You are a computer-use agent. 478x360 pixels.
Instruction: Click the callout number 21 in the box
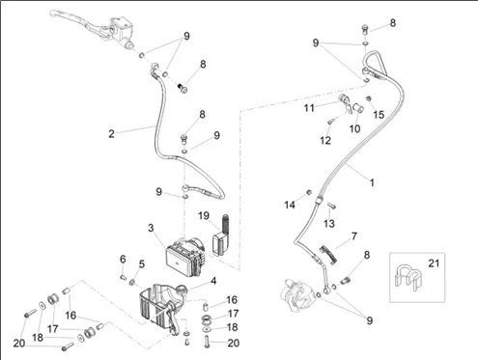click(434, 263)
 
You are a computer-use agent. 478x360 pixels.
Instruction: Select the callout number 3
click(151, 228)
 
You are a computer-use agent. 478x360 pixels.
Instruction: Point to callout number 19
click(204, 215)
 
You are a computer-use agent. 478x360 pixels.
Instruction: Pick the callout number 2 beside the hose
click(111, 133)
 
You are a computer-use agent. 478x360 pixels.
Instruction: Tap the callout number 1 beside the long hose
click(372, 182)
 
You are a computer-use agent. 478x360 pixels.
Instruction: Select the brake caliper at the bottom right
click(295, 295)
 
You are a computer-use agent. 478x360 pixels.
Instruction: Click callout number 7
click(354, 236)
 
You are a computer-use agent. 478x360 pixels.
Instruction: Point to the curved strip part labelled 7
click(328, 255)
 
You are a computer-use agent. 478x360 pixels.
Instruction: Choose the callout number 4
click(213, 281)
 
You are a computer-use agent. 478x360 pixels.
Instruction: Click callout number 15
click(379, 115)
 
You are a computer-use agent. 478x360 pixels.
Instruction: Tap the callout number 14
click(290, 205)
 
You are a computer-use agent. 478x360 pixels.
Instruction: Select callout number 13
click(329, 223)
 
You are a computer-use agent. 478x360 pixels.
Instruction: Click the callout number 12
click(325, 140)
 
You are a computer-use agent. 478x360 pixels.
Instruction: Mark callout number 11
click(309, 108)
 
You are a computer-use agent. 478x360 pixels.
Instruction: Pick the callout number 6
click(123, 259)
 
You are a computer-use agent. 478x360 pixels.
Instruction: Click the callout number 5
click(142, 264)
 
